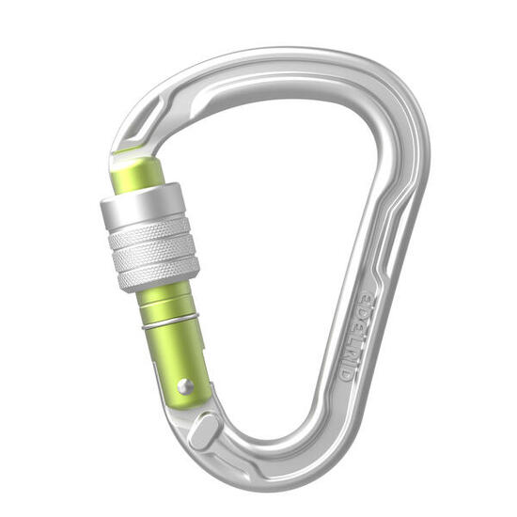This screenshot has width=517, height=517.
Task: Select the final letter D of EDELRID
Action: click(346, 371)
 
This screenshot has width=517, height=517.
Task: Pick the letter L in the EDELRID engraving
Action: click(358, 324)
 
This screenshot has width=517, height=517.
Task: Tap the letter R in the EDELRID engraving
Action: click(353, 341)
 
